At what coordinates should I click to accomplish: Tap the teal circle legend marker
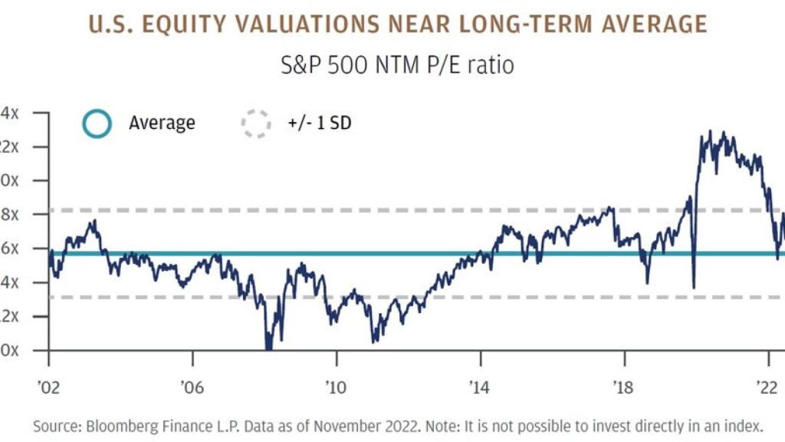pos(97,123)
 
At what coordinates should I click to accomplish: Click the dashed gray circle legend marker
pos(256,123)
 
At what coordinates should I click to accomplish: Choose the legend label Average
pos(162,123)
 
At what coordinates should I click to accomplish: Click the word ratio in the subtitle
pos(490,65)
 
